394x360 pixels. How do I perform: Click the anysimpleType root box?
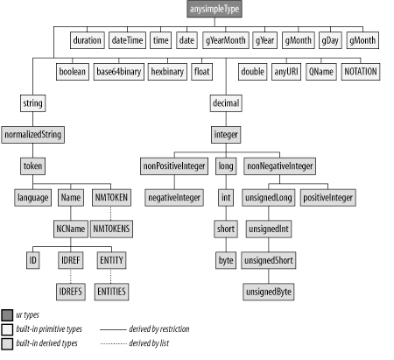click(215, 11)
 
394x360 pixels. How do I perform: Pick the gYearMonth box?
click(225, 40)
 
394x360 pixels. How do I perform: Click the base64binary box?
click(119, 71)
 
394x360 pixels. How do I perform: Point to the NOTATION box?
click(360, 71)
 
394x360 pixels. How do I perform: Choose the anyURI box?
click(287, 71)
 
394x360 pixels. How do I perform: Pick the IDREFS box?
click(71, 290)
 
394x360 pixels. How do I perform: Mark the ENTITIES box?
click(111, 290)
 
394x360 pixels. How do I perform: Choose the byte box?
click(226, 260)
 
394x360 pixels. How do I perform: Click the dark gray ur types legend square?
click(8, 314)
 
